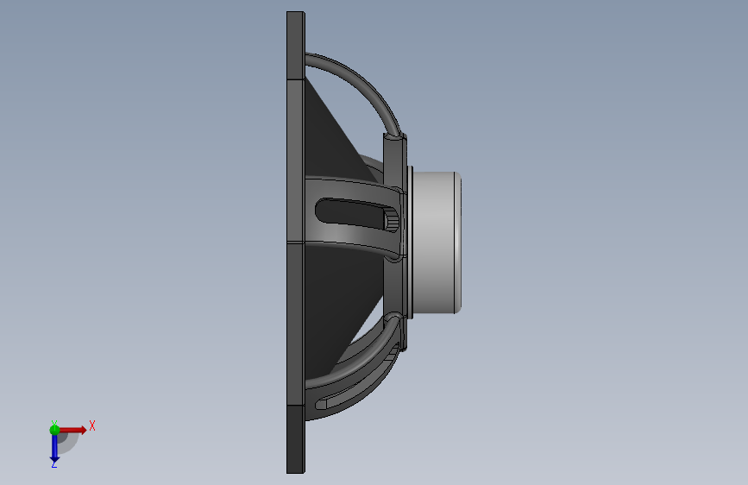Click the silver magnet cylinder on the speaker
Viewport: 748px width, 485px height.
435,243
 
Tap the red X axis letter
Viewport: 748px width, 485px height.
92,425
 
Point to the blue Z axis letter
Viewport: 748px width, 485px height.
53,464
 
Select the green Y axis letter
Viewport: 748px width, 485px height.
54,423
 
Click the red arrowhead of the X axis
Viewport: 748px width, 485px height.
84,430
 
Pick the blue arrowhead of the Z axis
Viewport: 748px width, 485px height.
54,460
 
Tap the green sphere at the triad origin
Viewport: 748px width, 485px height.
54,430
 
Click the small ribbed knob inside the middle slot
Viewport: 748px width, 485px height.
391,221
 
